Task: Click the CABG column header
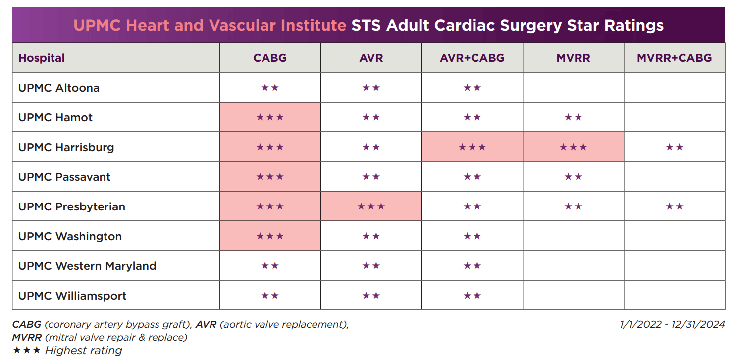click(270, 58)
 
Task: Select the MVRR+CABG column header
click(674, 58)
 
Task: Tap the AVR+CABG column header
click(472, 58)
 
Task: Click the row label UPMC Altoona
click(58, 88)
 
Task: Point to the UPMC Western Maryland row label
click(87, 266)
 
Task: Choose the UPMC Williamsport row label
click(72, 296)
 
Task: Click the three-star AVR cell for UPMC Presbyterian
click(371, 206)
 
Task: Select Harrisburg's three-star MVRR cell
click(573, 147)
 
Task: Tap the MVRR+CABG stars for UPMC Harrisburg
click(674, 147)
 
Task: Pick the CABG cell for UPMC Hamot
click(270, 117)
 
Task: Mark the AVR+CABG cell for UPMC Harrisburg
click(472, 147)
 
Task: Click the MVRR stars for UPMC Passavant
click(573, 177)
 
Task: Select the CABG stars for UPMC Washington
click(270, 236)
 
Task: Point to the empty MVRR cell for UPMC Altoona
click(573, 88)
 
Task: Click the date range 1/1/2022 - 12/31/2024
click(672, 325)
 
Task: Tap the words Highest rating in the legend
click(83, 351)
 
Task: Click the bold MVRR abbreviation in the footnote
click(27, 338)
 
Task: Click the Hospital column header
click(42, 58)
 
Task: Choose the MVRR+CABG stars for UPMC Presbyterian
click(674, 206)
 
